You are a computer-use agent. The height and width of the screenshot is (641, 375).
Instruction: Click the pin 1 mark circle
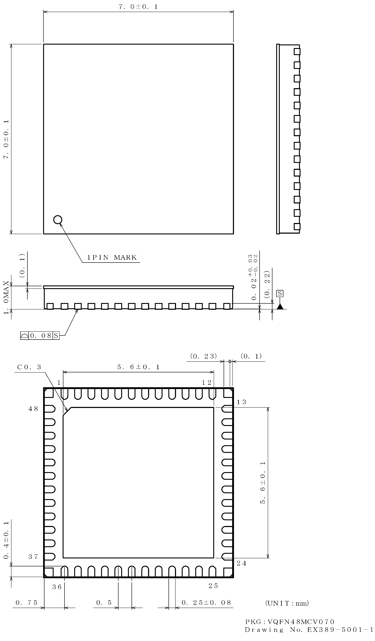pyautogui.click(x=58, y=220)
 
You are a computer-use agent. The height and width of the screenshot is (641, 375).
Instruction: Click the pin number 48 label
pyautogui.click(x=33, y=409)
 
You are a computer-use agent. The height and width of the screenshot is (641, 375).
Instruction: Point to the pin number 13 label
pyautogui.click(x=241, y=402)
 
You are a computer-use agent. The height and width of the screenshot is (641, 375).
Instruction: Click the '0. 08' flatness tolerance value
pyautogui.click(x=41, y=336)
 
